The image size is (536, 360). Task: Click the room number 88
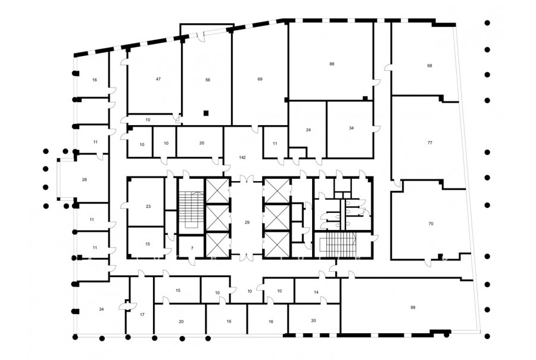point(332,64)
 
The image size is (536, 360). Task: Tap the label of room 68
point(429,66)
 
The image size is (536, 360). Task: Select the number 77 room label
point(429,143)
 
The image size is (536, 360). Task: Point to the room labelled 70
point(431,224)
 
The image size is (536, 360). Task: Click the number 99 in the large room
point(413,308)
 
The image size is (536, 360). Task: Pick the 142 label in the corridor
point(242,158)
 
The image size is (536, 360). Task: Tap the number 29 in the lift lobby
point(247,222)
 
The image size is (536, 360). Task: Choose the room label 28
point(85,179)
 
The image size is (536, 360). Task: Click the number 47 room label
point(158,79)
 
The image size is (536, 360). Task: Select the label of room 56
point(208,80)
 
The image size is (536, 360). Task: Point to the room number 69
point(260,79)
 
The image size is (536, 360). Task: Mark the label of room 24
point(308,130)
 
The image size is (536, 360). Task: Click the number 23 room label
point(148,206)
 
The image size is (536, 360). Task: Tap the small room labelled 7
point(192,248)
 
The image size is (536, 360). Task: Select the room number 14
point(316,292)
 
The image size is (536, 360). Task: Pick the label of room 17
point(142,315)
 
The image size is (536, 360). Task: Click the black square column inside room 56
point(206,113)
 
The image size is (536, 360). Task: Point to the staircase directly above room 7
point(191,210)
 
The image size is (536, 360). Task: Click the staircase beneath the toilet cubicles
point(338,245)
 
